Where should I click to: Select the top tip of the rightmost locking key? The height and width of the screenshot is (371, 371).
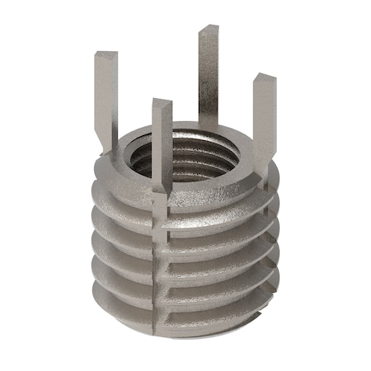[x=265, y=80]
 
